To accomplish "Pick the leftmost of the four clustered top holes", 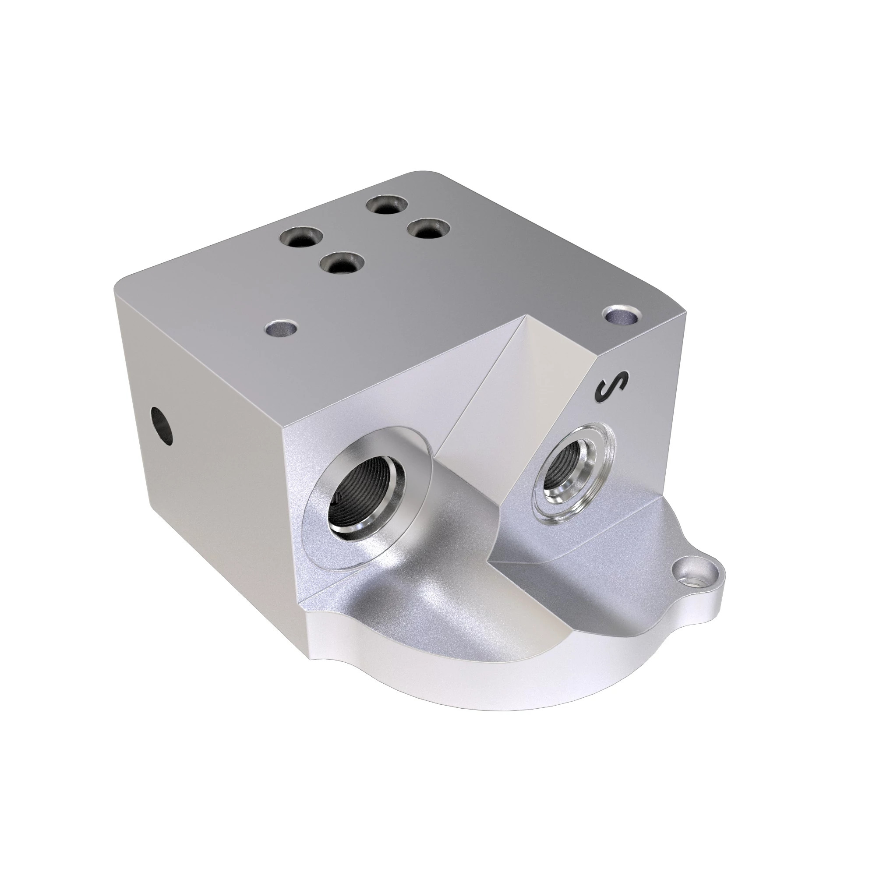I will pyautogui.click(x=300, y=237).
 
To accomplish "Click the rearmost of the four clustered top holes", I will pyautogui.click(x=386, y=205).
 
